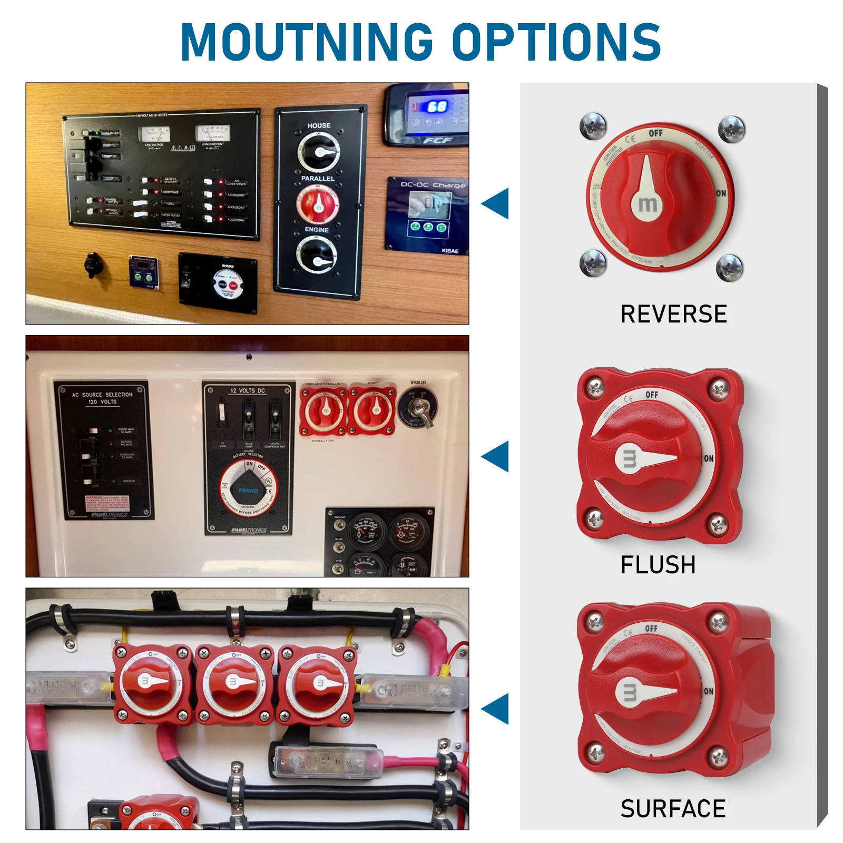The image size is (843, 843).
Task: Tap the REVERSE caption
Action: tap(673, 315)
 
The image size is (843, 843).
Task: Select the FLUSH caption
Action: tap(658, 565)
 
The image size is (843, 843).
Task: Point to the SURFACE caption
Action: tap(673, 809)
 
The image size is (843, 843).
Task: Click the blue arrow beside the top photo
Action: tap(497, 203)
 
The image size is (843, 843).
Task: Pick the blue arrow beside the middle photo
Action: tap(497, 456)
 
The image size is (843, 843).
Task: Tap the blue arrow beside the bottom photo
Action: tap(497, 709)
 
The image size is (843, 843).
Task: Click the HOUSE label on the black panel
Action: tap(319, 125)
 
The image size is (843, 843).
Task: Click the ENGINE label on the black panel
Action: tap(317, 230)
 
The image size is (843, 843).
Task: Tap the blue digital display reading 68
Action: tap(436, 107)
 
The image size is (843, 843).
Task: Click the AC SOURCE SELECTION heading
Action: tap(103, 398)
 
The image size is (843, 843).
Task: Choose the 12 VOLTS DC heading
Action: tap(247, 390)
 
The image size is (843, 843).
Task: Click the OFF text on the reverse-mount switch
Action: tap(655, 133)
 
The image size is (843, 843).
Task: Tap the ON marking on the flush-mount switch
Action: tap(709, 458)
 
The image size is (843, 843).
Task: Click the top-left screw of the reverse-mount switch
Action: tap(593, 126)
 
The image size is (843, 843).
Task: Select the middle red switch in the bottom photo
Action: tap(234, 683)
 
